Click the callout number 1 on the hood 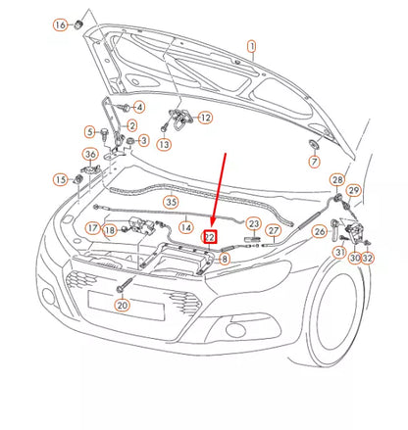pyautogui.click(x=251, y=46)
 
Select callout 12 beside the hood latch pyautogui.click(x=205, y=118)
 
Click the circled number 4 pyautogui.click(x=139, y=107)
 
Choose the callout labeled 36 pyautogui.click(x=90, y=155)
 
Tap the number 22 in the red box pyautogui.click(x=209, y=236)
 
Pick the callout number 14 pyautogui.click(x=185, y=227)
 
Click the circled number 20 pyautogui.click(x=122, y=305)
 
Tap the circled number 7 pyautogui.click(x=315, y=161)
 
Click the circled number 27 pyautogui.click(x=275, y=231)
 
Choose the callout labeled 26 pyautogui.click(x=319, y=232)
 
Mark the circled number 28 pyautogui.click(x=336, y=180)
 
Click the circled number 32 pyautogui.click(x=368, y=258)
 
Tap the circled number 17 pyautogui.click(x=90, y=228)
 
